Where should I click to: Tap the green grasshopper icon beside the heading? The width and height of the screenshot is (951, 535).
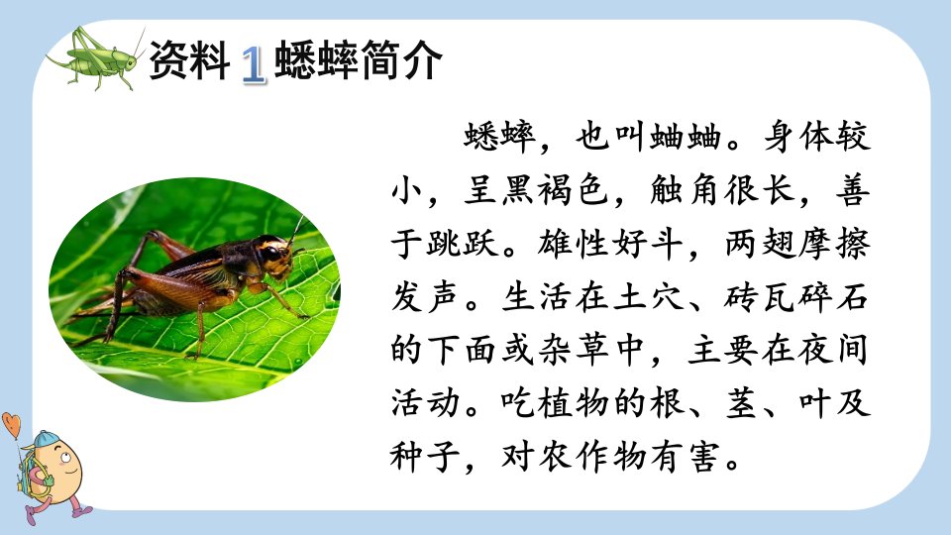tap(96, 57)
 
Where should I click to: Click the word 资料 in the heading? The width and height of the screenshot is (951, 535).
tap(189, 60)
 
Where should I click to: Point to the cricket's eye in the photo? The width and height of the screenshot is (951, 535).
tap(271, 253)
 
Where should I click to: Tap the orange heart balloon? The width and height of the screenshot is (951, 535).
tap(11, 424)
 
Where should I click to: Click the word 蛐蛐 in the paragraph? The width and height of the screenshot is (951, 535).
tap(686, 137)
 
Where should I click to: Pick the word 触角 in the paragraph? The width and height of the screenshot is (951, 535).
tap(686, 190)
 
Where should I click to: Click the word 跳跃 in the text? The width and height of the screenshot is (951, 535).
tap(464, 244)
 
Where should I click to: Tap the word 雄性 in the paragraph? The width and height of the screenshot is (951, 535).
tap(573, 244)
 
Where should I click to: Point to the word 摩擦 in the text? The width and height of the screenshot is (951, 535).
tap(834, 244)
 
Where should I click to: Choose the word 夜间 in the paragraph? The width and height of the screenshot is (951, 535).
tap(834, 351)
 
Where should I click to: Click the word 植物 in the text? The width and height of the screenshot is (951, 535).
tap(573, 404)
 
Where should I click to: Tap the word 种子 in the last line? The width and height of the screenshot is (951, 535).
tap(426, 457)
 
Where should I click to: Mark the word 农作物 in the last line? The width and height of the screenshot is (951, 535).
tap(573, 457)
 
